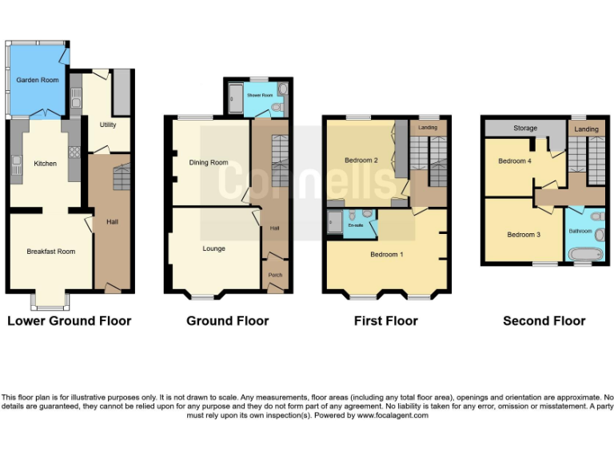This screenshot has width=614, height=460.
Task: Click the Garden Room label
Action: pyautogui.click(x=38, y=80)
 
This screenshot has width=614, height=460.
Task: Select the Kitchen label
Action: pyautogui.click(x=45, y=164)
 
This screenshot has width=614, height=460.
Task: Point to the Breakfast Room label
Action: pyautogui.click(x=50, y=252)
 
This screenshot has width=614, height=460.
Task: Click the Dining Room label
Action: pyautogui.click(x=209, y=163)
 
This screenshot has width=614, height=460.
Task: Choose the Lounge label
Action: pyautogui.click(x=213, y=248)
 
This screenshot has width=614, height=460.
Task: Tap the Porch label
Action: pyautogui.click(x=275, y=276)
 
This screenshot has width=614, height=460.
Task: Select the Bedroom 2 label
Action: pyautogui.click(x=361, y=161)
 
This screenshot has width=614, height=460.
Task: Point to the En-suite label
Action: pyautogui.click(x=355, y=226)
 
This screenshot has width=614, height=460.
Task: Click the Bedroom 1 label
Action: pyautogui.click(x=386, y=255)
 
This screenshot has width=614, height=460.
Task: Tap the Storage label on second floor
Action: pyautogui.click(x=525, y=129)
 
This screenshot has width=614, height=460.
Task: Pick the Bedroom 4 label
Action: pyautogui.click(x=514, y=161)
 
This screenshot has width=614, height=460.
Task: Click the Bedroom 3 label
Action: pyautogui.click(x=524, y=235)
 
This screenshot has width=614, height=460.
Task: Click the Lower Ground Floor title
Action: pyautogui.click(x=69, y=321)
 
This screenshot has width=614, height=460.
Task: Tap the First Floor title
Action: pyautogui.click(x=385, y=321)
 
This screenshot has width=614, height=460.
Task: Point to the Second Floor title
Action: pyautogui.click(x=544, y=321)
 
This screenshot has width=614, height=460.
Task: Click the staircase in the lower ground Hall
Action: pyautogui.click(x=119, y=178)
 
